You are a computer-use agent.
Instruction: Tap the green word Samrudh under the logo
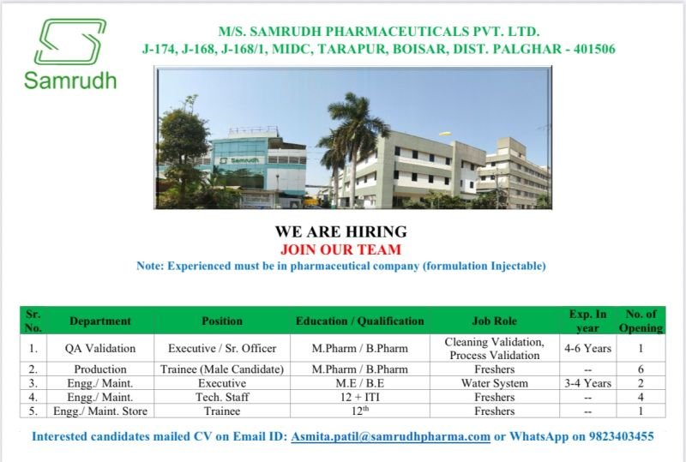(x=70, y=81)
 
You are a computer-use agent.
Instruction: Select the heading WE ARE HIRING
(x=340, y=231)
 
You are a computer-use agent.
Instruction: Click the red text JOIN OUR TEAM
(x=340, y=249)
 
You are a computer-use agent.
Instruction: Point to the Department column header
(x=100, y=321)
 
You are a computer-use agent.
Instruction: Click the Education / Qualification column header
(x=359, y=321)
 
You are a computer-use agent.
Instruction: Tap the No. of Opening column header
(x=641, y=321)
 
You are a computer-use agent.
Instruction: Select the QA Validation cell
(x=100, y=348)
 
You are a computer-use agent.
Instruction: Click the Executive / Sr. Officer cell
(x=222, y=348)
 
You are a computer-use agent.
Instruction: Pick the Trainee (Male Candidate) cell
(x=222, y=369)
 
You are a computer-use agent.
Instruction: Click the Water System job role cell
(x=494, y=383)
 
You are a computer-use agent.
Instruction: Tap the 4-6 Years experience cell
(x=587, y=348)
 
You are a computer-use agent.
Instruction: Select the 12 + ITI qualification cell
(x=359, y=398)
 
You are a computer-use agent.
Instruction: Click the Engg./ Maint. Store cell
(x=100, y=411)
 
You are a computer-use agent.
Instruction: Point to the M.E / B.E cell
(x=359, y=383)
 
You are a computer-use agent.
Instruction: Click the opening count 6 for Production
(x=641, y=369)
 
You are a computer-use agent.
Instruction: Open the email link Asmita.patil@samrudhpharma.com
(x=390, y=436)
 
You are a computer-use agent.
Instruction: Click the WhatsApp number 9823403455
(x=621, y=436)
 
